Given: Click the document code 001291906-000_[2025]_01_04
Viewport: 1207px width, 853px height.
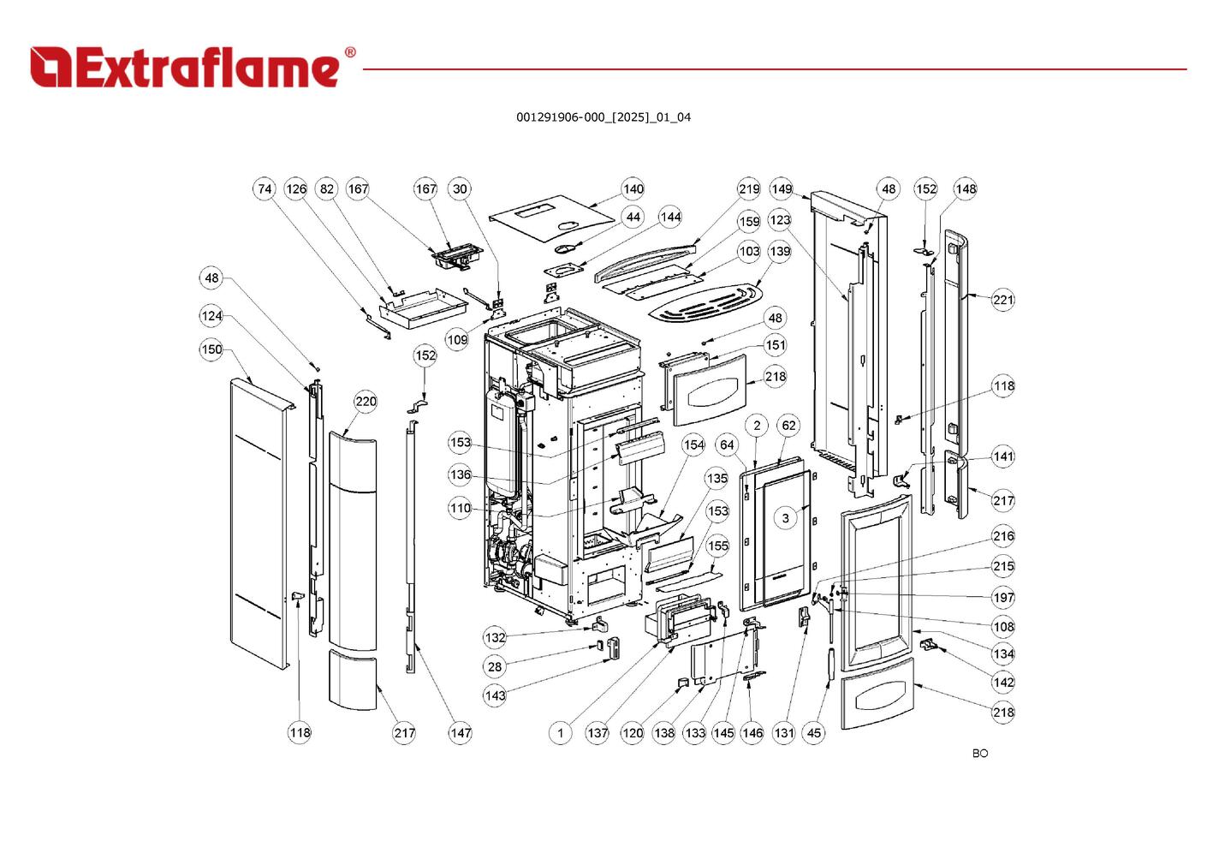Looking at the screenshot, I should pos(603,117).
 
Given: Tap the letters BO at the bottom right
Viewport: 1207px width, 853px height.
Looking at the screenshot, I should pos(980,754).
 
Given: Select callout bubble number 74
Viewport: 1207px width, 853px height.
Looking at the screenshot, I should pos(265,189).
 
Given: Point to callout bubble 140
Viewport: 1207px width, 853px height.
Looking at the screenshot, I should pos(633,189).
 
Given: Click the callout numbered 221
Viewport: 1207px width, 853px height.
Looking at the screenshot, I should pos(1003,300).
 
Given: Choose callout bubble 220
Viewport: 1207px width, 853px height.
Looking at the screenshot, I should pos(366,402).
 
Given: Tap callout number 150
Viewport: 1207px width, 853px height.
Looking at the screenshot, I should pos(211,349).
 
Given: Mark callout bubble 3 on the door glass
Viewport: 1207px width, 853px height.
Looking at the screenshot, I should pos(786,517).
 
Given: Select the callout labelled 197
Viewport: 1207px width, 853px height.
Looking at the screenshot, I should pos(1003,598).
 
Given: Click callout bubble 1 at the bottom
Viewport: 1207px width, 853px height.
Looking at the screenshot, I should pos(560,732).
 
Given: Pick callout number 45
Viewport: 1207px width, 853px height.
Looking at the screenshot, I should pos(814,732).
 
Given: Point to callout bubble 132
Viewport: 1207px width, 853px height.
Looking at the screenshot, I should pos(495,637).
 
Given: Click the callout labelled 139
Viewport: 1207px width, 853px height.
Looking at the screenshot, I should pos(780,251).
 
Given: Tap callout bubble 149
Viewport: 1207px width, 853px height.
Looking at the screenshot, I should pos(781,189).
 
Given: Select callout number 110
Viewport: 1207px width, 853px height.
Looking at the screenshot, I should pos(461,508).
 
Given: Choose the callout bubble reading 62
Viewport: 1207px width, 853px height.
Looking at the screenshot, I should pos(788,425).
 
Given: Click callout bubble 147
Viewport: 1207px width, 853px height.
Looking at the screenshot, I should pos(461,732).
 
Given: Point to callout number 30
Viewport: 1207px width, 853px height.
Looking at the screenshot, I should pos(461,189).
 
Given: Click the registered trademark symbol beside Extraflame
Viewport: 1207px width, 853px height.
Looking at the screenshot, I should pos(349,53).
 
